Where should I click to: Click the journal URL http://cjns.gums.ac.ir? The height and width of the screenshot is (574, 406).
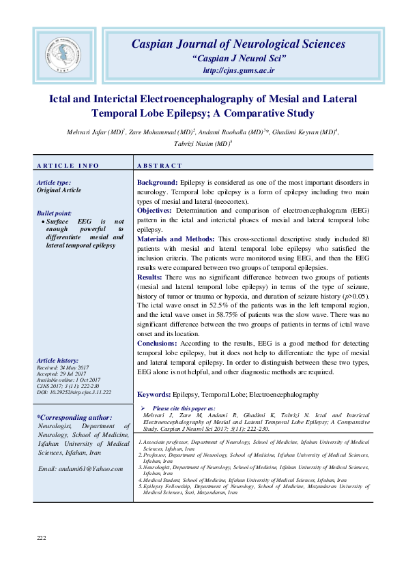point(237,71)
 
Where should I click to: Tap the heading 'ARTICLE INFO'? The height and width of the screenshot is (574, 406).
point(68,166)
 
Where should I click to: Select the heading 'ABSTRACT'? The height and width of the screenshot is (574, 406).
point(160,166)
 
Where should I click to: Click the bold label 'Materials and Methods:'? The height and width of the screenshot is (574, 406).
point(175,239)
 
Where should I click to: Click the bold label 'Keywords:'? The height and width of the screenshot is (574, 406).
point(154,394)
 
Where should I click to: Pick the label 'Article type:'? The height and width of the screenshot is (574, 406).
point(54,183)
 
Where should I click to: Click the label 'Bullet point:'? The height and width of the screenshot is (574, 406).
point(55,213)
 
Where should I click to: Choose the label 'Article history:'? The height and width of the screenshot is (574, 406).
point(58,360)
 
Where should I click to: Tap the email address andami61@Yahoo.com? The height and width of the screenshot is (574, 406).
point(81,468)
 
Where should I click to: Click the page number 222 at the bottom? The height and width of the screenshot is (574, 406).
point(41,538)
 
